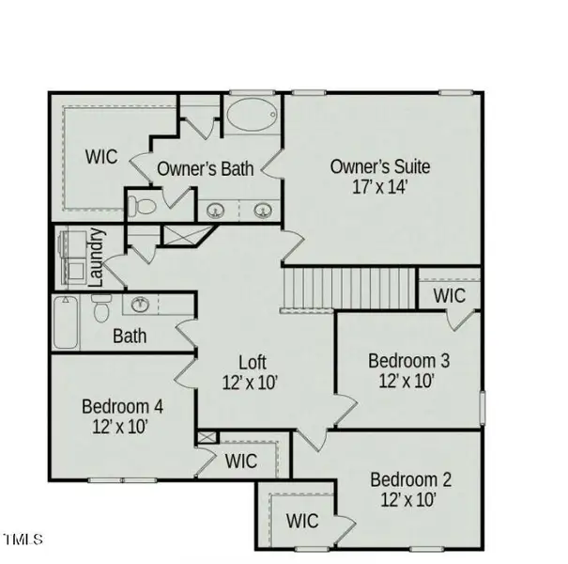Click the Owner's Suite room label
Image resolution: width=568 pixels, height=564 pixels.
pyautogui.click(x=379, y=166)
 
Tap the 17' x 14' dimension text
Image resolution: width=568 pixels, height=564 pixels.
pyautogui.click(x=379, y=186)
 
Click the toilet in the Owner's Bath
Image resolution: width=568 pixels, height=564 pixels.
pyautogui.click(x=140, y=203)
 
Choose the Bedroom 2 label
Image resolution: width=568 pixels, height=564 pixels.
pyautogui.click(x=409, y=479)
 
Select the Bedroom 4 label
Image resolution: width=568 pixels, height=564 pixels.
pyautogui.click(x=123, y=407)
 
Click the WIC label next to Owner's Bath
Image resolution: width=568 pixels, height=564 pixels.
pyautogui.click(x=102, y=156)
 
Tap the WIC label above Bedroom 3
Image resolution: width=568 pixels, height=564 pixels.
pyautogui.click(x=449, y=295)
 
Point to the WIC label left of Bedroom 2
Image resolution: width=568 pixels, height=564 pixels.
pyautogui.click(x=302, y=521)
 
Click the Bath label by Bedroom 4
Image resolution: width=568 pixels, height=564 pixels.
pyautogui.click(x=130, y=335)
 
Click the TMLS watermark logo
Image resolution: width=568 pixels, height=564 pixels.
pyautogui.click(x=23, y=540)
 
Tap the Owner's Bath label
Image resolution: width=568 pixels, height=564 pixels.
pyautogui.click(x=206, y=169)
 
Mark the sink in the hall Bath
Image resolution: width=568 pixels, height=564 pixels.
pyautogui.click(x=142, y=304)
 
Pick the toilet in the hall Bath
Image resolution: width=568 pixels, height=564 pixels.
pyautogui.click(x=103, y=305)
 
